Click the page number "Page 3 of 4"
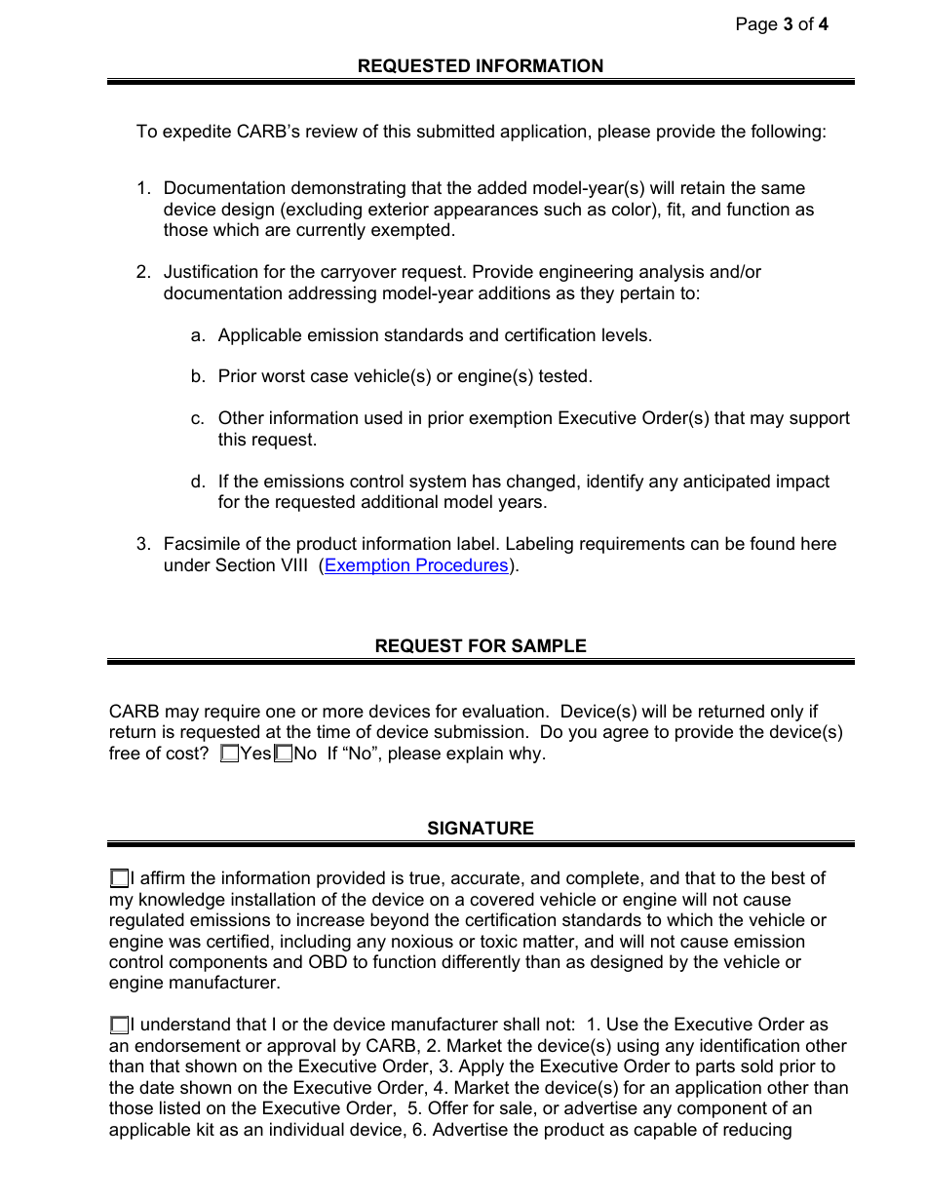[782, 24]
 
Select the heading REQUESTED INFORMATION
[481, 66]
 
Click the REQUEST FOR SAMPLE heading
[481, 646]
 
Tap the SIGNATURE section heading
[481, 829]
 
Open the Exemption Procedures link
[416, 565]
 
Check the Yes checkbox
[230, 754]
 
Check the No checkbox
[284, 754]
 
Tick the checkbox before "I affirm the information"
[119, 879]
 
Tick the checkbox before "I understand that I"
[119, 1026]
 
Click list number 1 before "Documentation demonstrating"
[143, 188]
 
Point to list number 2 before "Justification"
[143, 272]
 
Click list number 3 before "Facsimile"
[143, 544]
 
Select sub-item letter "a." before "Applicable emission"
[198, 335]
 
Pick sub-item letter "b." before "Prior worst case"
[198, 376]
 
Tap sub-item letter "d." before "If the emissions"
[198, 482]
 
